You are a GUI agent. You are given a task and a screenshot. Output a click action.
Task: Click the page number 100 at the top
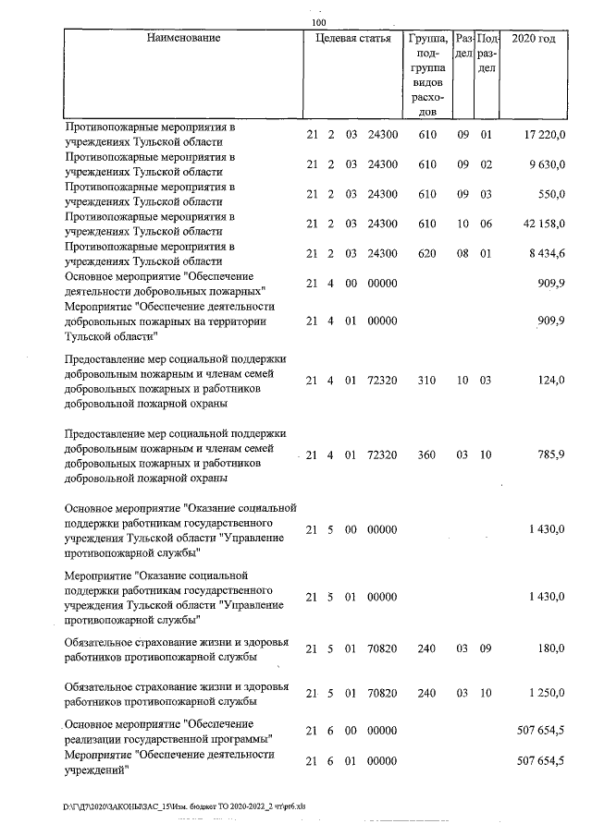point(319,22)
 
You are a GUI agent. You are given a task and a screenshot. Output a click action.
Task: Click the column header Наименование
point(183,39)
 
